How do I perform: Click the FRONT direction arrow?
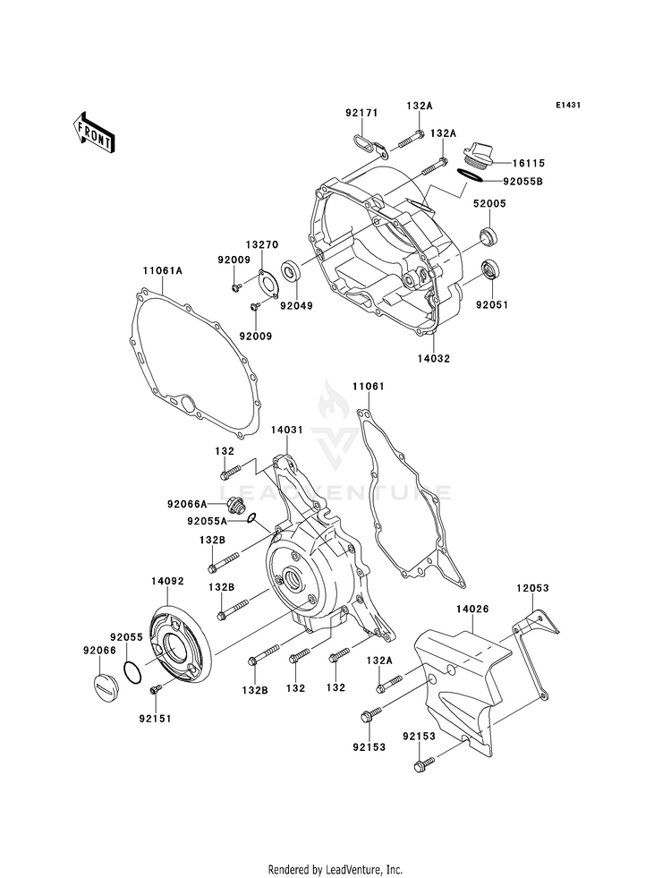tap(93, 132)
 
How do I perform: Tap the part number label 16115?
tap(528, 164)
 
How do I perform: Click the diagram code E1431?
tap(568, 105)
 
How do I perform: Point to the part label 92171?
tap(361, 113)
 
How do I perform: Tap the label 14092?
tap(166, 581)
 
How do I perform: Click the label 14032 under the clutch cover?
tap(434, 358)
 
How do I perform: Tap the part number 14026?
tap(472, 609)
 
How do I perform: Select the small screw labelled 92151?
tap(155, 690)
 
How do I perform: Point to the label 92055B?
tap(522, 182)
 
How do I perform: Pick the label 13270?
tap(261, 244)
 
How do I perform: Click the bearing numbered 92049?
tap(290, 269)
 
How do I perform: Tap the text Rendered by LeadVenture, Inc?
tap(335, 869)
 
